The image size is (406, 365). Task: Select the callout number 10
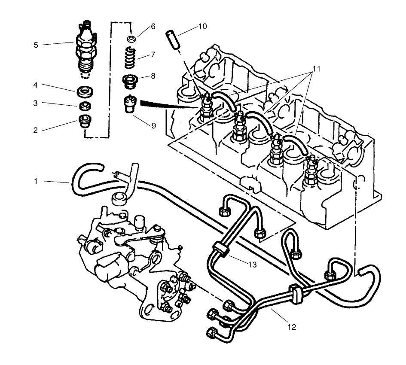point(202,27)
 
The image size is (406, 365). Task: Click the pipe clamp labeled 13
point(220,249)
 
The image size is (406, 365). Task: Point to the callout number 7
point(153,55)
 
